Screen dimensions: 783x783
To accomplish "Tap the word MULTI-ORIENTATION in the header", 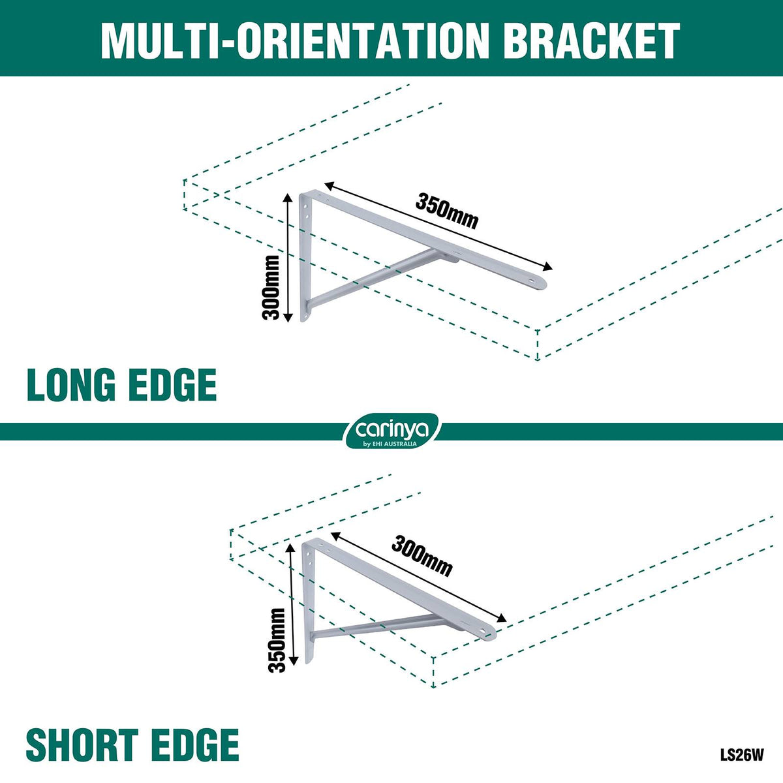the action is pos(295,41).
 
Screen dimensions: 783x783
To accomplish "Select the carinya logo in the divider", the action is pos(391,431).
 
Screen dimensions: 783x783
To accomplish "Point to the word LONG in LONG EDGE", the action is pos(71,385).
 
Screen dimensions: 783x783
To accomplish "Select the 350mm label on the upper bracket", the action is pos(446,211).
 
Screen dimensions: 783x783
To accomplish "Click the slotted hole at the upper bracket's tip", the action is pos(532,281).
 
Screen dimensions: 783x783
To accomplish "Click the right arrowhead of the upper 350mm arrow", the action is pos(547,266).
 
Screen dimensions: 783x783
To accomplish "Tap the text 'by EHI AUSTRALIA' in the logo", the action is pos(391,444).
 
